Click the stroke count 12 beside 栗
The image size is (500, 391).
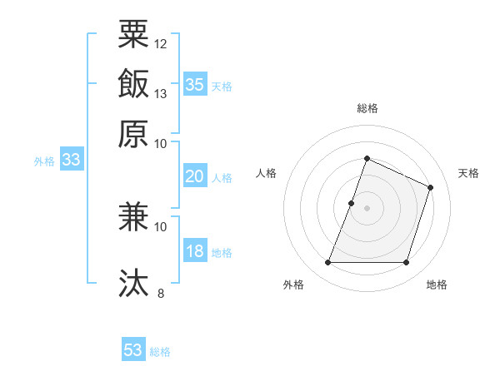tap(161, 42)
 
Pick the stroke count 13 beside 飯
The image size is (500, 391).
tap(161, 92)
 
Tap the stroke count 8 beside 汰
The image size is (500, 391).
tap(161, 292)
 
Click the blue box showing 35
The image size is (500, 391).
tap(195, 84)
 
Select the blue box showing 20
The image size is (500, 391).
tap(195, 176)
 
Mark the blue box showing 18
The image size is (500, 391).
tap(195, 252)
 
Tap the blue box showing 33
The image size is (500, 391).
tap(70, 161)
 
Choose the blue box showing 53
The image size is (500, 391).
tap(133, 350)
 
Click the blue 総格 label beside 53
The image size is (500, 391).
tap(160, 352)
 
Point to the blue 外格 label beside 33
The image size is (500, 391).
tap(44, 161)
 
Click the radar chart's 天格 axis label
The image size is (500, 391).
tap(468, 173)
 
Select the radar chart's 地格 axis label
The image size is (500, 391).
tap(437, 285)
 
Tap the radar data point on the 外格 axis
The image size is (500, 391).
tap(327, 263)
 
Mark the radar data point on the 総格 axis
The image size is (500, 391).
tap(367, 158)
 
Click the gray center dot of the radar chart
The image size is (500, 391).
tap(367, 208)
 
